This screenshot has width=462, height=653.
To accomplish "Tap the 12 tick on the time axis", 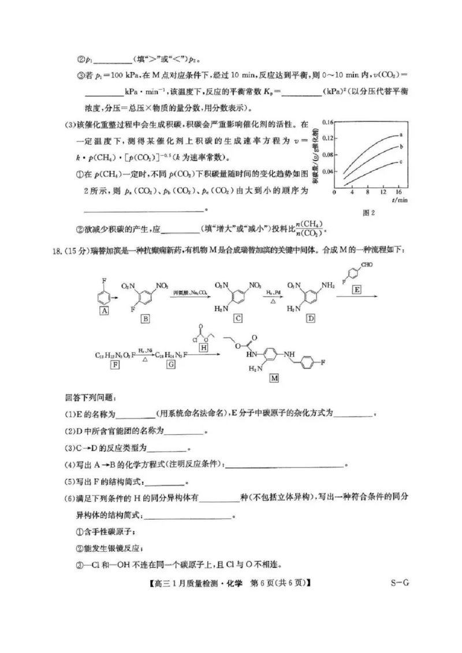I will click(x=383, y=192).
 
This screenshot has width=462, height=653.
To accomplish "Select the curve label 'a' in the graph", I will click(x=400, y=134).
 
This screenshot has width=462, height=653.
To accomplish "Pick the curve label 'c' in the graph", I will click(x=400, y=162).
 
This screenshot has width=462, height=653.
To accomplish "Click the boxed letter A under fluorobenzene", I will click(x=105, y=310).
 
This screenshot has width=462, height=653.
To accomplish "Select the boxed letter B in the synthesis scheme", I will click(x=145, y=318).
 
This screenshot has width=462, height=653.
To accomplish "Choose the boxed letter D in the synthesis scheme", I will click(x=311, y=318).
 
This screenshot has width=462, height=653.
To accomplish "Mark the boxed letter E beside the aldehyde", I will click(x=357, y=290).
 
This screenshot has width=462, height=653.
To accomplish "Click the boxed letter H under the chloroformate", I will click(x=203, y=347).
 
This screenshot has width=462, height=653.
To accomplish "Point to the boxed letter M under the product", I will click(x=274, y=378).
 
